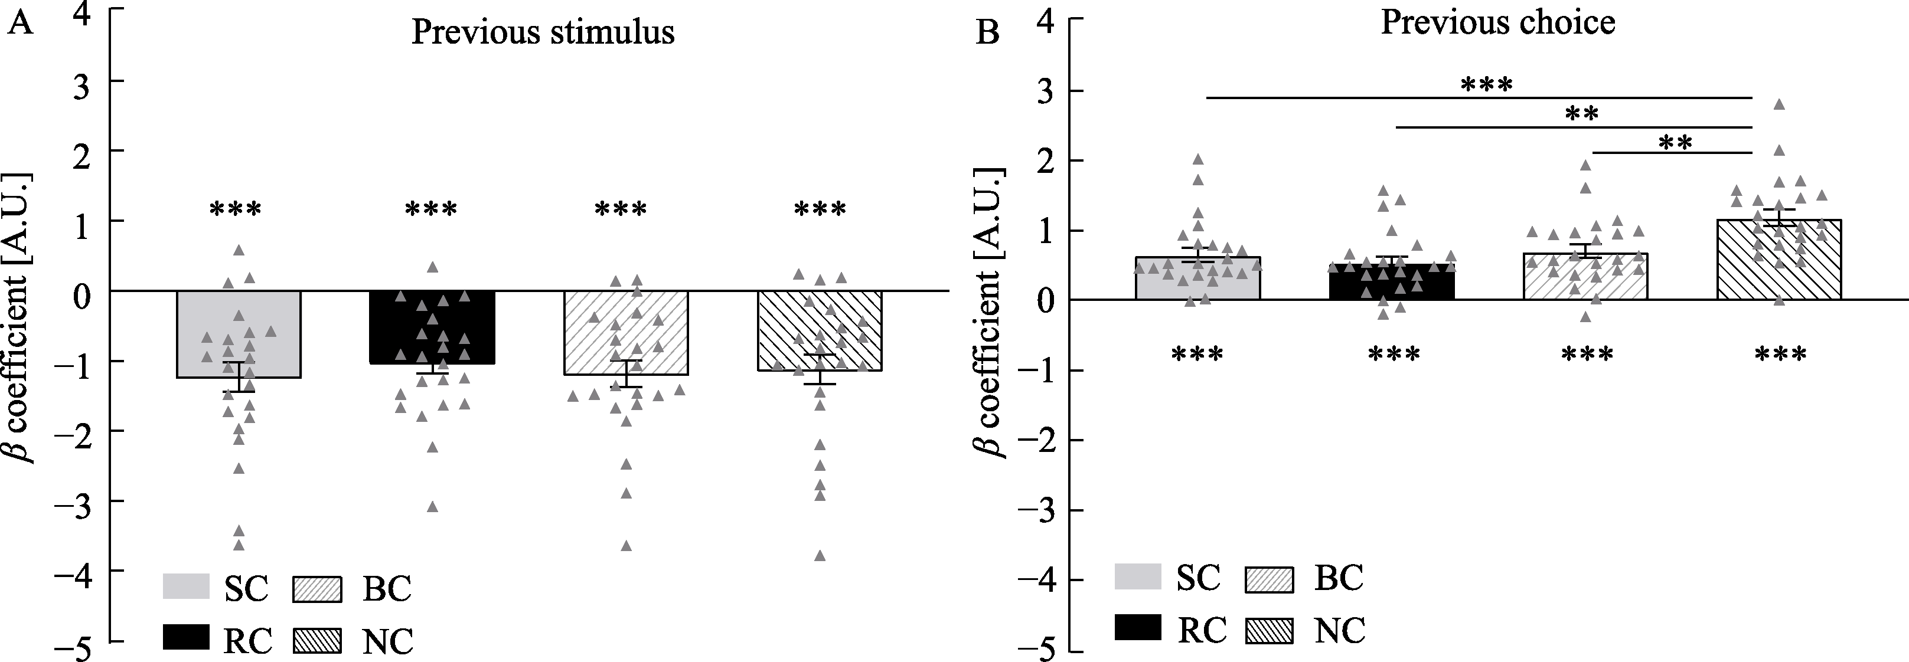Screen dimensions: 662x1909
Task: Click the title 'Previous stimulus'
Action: [543, 32]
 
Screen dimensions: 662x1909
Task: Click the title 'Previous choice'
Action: [1497, 22]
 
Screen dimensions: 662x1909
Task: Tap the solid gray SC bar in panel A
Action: [239, 334]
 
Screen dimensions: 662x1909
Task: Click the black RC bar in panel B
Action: [1392, 282]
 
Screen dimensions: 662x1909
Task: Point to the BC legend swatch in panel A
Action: [317, 589]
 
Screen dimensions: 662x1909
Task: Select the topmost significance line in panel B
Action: [1479, 97]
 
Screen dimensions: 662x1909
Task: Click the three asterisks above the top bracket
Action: [1486, 84]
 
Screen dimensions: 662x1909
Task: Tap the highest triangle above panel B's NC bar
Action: [1779, 104]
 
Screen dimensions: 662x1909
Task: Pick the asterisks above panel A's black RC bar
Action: [431, 209]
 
